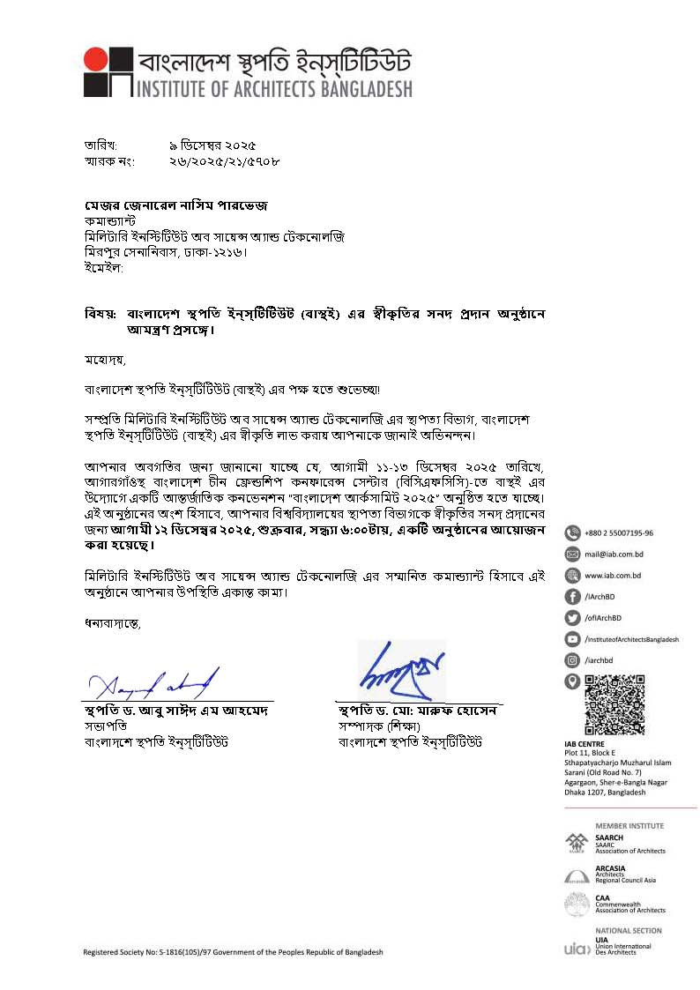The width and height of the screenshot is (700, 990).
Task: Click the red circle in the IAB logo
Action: click(x=96, y=58)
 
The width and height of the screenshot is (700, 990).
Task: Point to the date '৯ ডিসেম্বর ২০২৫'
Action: click(x=212, y=145)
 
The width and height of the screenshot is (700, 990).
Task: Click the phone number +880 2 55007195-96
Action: click(x=619, y=532)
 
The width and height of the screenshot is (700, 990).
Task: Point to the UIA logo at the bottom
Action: click(x=575, y=949)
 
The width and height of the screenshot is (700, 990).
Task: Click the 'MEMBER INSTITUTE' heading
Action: click(x=629, y=826)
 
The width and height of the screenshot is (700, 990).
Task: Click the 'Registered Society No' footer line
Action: click(x=233, y=952)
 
